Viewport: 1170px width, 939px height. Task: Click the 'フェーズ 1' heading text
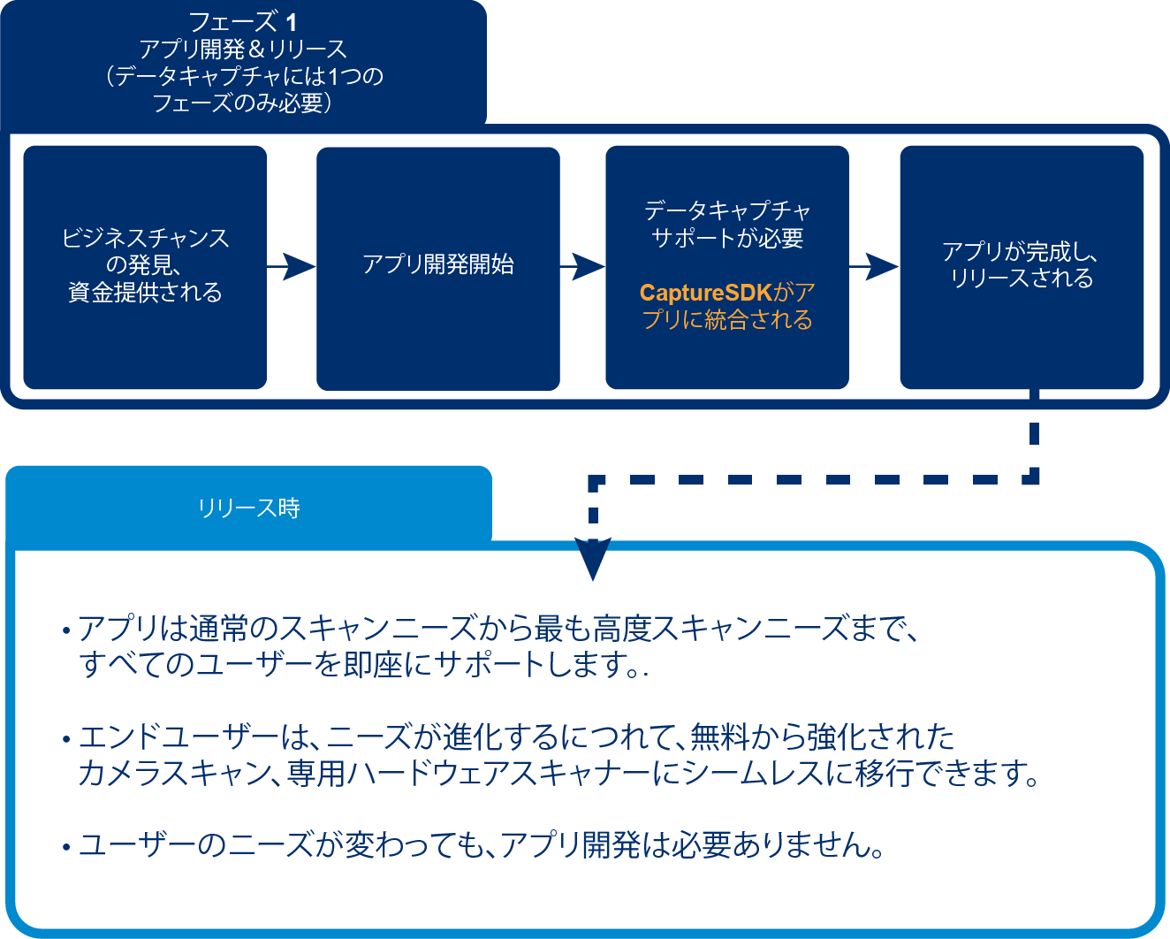pyautogui.click(x=243, y=22)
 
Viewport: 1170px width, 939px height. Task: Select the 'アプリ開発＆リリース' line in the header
pyautogui.click(x=243, y=50)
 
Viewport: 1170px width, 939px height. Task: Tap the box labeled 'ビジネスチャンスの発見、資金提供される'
pyautogui.click(x=145, y=266)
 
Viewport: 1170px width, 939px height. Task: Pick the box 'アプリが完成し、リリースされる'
pyautogui.click(x=1022, y=266)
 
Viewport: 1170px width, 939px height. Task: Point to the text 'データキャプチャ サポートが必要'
pyautogui.click(x=727, y=225)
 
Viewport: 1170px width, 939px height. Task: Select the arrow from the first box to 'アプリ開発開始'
pyautogui.click(x=292, y=266)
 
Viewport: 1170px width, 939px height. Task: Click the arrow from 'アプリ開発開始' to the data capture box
pyautogui.click(x=582, y=266)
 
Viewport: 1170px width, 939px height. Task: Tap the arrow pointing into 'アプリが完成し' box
pyautogui.click(x=874, y=266)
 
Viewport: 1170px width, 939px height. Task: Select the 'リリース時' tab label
pyautogui.click(x=248, y=508)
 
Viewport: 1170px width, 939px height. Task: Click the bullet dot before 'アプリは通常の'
pyautogui.click(x=66, y=631)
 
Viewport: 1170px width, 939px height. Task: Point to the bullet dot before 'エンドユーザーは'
pyautogui.click(x=66, y=739)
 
